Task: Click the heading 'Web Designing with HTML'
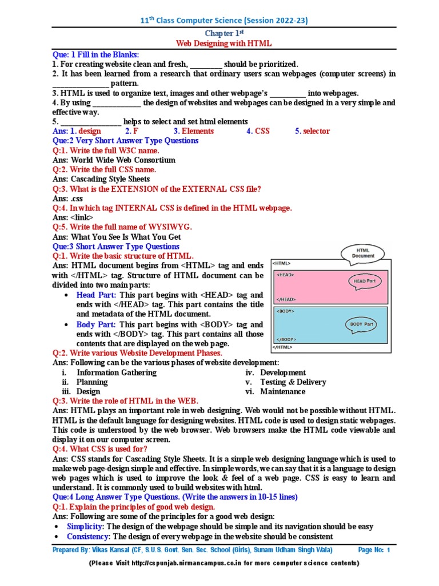click(x=223, y=43)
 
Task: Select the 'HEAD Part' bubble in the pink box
click(x=364, y=281)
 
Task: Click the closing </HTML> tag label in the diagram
click(x=282, y=347)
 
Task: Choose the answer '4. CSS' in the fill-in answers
click(x=258, y=131)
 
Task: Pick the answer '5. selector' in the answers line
click(x=312, y=131)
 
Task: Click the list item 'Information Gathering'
click(x=116, y=373)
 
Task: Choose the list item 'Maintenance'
click(x=282, y=392)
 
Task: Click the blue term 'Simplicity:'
click(x=85, y=526)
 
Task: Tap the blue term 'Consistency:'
click(x=89, y=537)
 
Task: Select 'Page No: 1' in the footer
click(x=373, y=551)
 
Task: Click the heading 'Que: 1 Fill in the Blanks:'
click(x=95, y=54)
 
